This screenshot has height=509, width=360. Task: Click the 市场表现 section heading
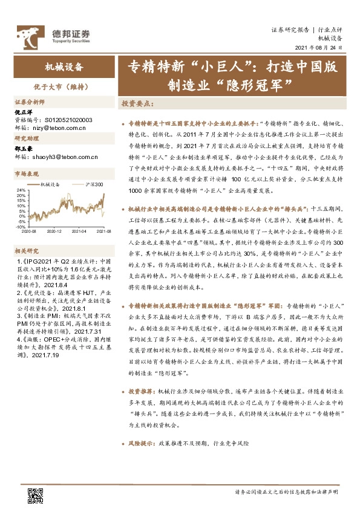tap(27, 174)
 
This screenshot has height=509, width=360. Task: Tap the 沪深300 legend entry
tap(94, 184)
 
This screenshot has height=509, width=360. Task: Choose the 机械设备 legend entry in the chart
tap(52, 184)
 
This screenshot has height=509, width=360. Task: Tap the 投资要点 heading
tap(138, 104)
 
